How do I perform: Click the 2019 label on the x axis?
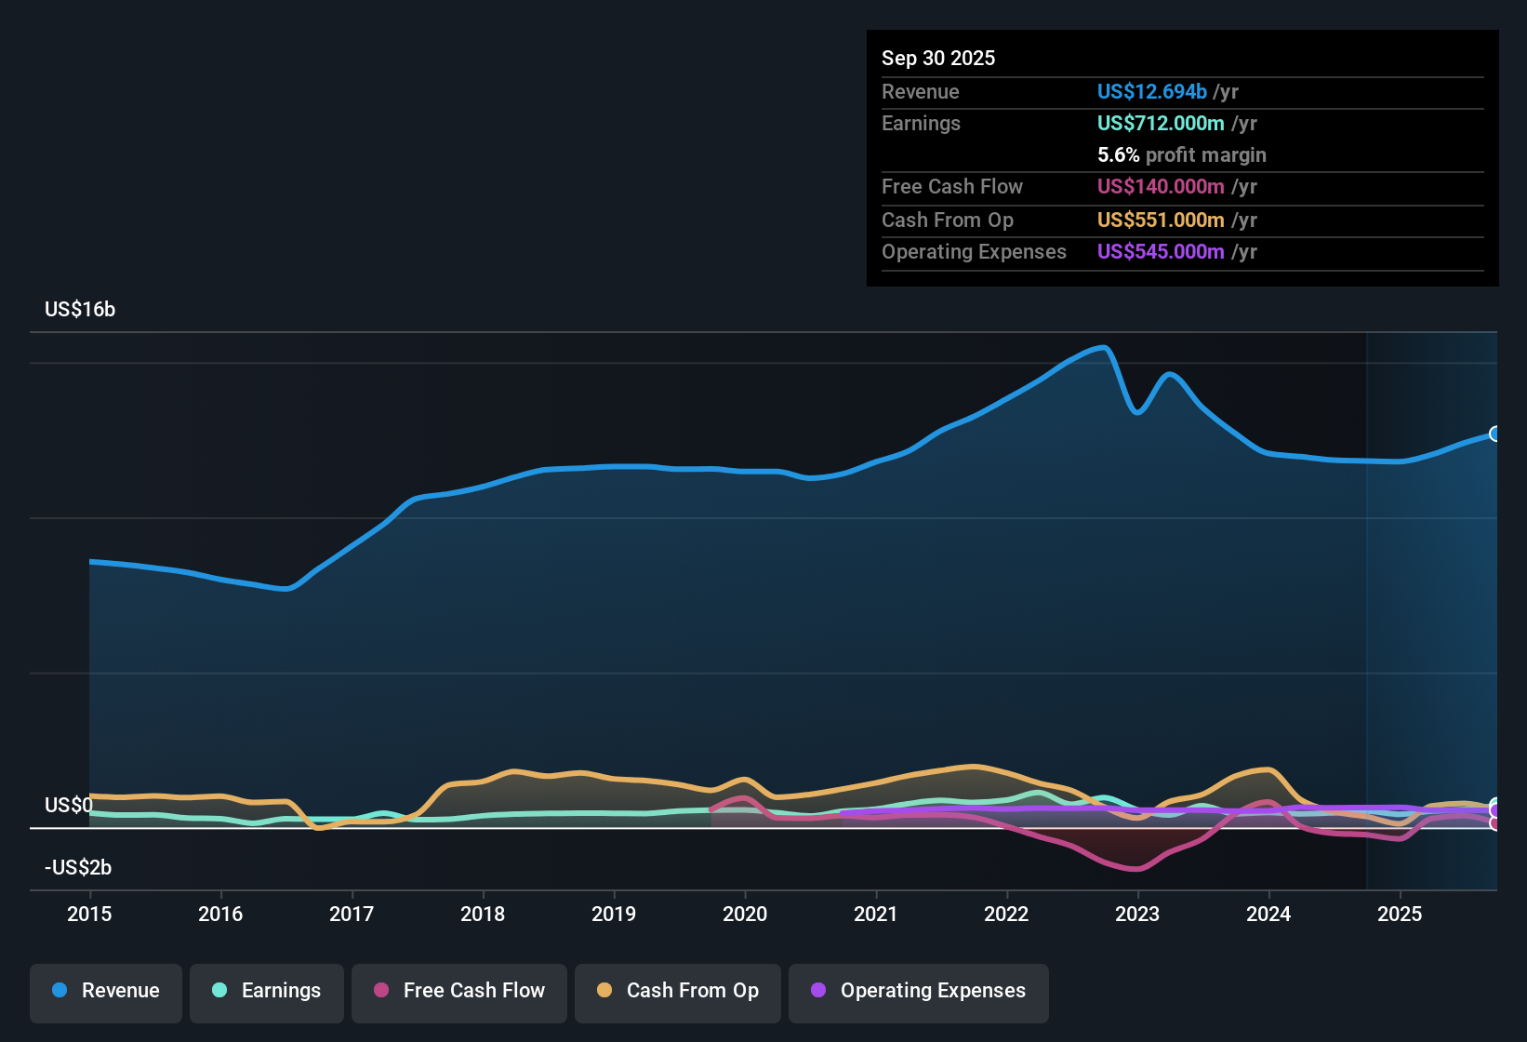[x=614, y=914]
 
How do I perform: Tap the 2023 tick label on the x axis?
[x=1137, y=914]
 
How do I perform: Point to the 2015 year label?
[x=89, y=914]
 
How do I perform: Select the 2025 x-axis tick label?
[x=1400, y=914]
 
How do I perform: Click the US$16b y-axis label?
[x=80, y=310]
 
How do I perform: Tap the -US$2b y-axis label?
[x=78, y=867]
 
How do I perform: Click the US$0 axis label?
[x=69, y=805]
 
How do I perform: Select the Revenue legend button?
[x=106, y=991]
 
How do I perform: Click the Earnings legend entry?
[x=267, y=991]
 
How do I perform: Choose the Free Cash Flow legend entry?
[x=459, y=991]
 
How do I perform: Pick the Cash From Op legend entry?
[x=678, y=991]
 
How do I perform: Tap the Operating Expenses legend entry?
[x=919, y=991]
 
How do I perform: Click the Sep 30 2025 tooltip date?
[x=938, y=58]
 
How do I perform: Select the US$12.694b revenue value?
[x=1151, y=91]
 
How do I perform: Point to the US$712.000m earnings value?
[x=1160, y=123]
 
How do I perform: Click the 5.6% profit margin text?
[x=1181, y=154]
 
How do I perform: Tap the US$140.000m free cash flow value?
[x=1160, y=186]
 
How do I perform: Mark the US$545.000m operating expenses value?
[x=1160, y=251]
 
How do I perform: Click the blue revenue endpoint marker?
[x=1494, y=434]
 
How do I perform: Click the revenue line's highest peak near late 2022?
[x=1103, y=347]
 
